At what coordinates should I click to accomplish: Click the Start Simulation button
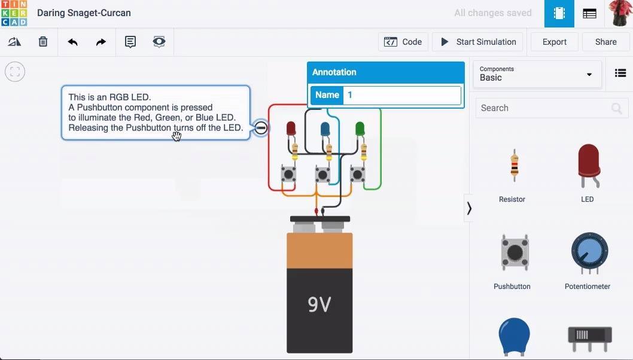[477, 42]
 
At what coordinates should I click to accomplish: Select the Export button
[554, 42]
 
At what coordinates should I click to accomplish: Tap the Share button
[605, 42]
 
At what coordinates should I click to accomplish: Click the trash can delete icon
[43, 42]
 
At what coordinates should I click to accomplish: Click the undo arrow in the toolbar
[72, 42]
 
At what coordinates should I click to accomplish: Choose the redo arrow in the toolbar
[101, 42]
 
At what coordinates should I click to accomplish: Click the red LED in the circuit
[291, 129]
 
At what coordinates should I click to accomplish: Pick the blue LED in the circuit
[325, 129]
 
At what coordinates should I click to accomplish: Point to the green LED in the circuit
[360, 129]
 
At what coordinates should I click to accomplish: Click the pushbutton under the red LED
[288, 175]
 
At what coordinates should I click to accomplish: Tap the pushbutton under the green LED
[357, 175]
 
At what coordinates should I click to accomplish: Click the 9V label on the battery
[319, 304]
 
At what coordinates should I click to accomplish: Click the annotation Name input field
[401, 95]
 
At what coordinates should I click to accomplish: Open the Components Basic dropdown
[537, 74]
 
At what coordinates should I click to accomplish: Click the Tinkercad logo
[14, 13]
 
